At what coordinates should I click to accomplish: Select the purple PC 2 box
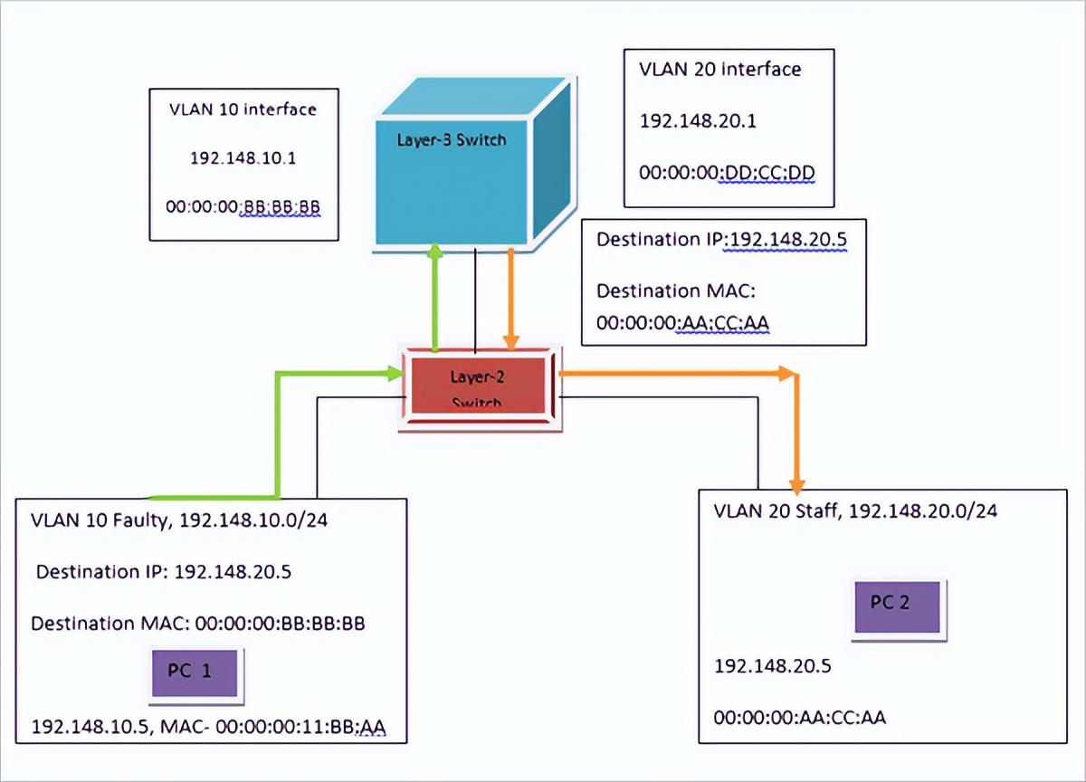click(901, 606)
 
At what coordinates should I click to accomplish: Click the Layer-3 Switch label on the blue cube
click(451, 140)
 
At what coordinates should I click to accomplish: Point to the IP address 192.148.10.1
click(243, 157)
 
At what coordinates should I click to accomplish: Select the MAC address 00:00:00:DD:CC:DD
click(720, 170)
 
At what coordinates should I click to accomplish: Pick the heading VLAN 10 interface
click(243, 110)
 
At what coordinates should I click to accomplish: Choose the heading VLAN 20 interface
click(720, 69)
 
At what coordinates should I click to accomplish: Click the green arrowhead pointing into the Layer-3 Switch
click(436, 251)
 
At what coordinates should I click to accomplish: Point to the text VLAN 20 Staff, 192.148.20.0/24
click(855, 510)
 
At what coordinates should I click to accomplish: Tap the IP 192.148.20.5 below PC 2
click(773, 667)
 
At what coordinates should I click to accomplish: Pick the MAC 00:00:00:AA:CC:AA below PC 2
click(799, 718)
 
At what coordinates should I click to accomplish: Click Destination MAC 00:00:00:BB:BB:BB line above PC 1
click(198, 624)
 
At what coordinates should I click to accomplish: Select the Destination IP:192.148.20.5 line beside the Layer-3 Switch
click(720, 241)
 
